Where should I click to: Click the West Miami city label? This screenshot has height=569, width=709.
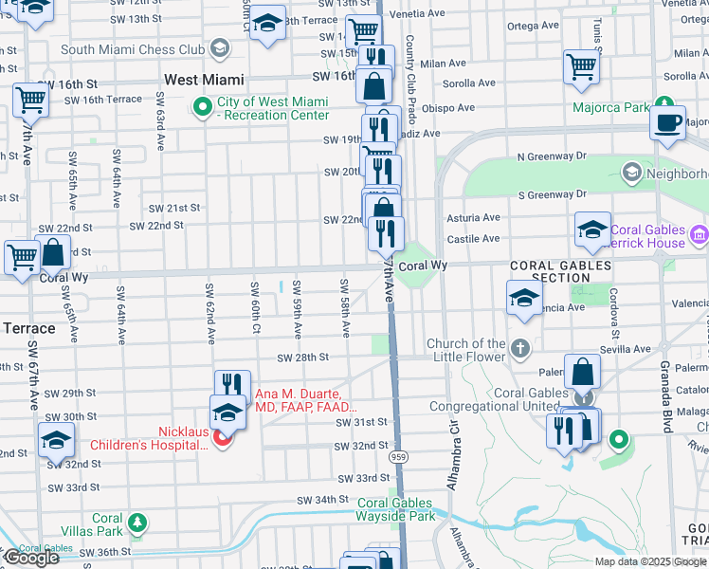pos(204,81)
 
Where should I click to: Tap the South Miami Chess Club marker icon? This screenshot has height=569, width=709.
pos(220,48)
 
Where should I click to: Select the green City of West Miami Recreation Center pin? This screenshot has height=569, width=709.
pos(202,107)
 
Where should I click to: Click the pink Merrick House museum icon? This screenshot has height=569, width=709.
pos(700,233)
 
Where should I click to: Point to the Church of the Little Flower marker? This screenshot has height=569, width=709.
pos(520,349)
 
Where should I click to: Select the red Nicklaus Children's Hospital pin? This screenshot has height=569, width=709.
pos(222,437)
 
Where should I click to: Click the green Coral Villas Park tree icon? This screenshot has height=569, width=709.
pos(137,523)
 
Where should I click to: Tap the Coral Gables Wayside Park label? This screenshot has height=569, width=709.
pos(395,510)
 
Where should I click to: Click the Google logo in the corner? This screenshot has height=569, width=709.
pos(30,558)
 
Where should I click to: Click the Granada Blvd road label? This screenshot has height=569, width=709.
pos(666,408)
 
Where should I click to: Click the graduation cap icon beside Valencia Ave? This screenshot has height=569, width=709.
pos(524,298)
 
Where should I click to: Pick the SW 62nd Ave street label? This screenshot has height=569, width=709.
pos(209,313)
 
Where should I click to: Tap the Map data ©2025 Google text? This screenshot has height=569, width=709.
pos(650,561)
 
